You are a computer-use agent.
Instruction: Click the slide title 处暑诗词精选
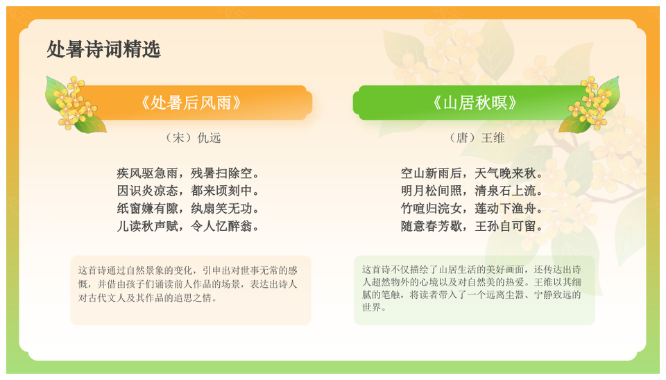click(x=103, y=49)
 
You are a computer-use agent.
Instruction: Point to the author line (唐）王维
click(x=477, y=137)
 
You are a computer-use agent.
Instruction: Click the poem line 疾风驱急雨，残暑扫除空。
click(x=188, y=173)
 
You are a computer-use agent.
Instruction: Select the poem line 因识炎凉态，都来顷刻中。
click(x=188, y=191)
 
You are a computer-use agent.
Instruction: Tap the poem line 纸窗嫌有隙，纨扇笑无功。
click(x=188, y=209)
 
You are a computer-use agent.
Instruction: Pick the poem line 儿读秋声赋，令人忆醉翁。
click(x=188, y=226)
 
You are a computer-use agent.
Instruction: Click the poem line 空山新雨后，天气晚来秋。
click(x=472, y=173)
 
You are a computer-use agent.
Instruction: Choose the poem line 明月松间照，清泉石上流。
click(x=472, y=191)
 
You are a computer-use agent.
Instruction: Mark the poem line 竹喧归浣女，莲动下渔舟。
click(x=472, y=209)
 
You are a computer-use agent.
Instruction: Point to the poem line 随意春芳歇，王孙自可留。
click(x=472, y=226)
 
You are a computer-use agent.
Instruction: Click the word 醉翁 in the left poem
click(x=241, y=226)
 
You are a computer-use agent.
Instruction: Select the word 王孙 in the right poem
click(x=487, y=226)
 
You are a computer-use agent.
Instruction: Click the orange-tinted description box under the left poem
click(x=191, y=291)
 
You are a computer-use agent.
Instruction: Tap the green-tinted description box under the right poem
click(x=475, y=291)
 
